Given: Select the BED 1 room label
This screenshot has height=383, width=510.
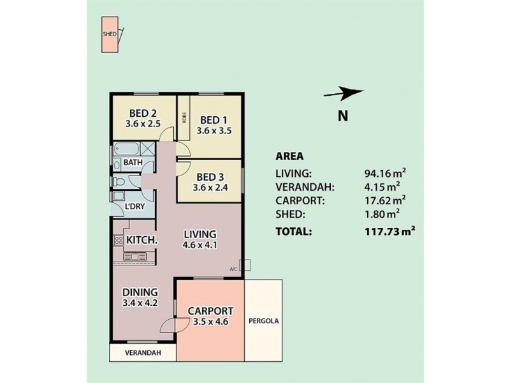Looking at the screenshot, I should tap(214, 119).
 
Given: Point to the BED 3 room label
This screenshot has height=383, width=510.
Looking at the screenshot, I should tap(210, 177).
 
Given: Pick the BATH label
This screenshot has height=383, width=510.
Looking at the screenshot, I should tap(133, 163).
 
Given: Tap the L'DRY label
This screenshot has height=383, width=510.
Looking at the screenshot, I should tap(134, 207).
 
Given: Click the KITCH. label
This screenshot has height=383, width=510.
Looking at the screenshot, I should tap(142, 240).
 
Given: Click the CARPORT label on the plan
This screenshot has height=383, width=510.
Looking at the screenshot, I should tap(210, 311).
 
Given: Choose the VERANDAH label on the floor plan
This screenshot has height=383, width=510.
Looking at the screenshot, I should tap(142, 352).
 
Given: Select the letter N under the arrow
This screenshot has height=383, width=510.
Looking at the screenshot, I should tap(342, 116).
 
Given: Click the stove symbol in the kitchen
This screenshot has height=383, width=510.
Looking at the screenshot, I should tap(119, 241).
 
